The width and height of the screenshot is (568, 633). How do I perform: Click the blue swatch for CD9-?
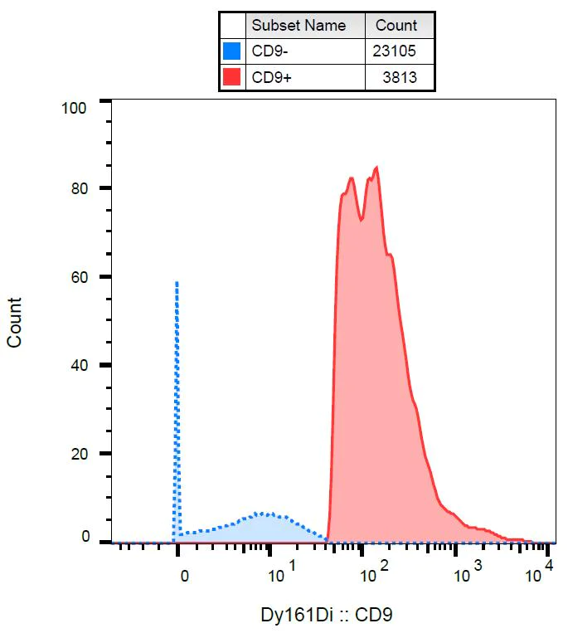232,51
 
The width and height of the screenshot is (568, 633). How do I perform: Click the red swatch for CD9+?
232,78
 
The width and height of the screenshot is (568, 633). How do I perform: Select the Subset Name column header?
299,25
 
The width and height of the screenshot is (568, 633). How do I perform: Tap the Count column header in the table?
396,25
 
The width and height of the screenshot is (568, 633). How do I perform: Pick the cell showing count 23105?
396,51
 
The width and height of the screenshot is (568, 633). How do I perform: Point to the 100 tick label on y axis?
75,108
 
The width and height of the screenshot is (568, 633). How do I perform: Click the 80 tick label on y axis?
80,188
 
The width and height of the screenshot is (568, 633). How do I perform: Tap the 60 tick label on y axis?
80,277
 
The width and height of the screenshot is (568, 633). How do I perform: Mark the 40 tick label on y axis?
80,365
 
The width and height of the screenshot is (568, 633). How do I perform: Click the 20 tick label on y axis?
80,454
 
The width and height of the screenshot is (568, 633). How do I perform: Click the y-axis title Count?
15,322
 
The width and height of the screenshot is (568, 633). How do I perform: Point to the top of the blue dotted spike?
177,283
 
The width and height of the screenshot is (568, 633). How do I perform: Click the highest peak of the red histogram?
377,168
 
